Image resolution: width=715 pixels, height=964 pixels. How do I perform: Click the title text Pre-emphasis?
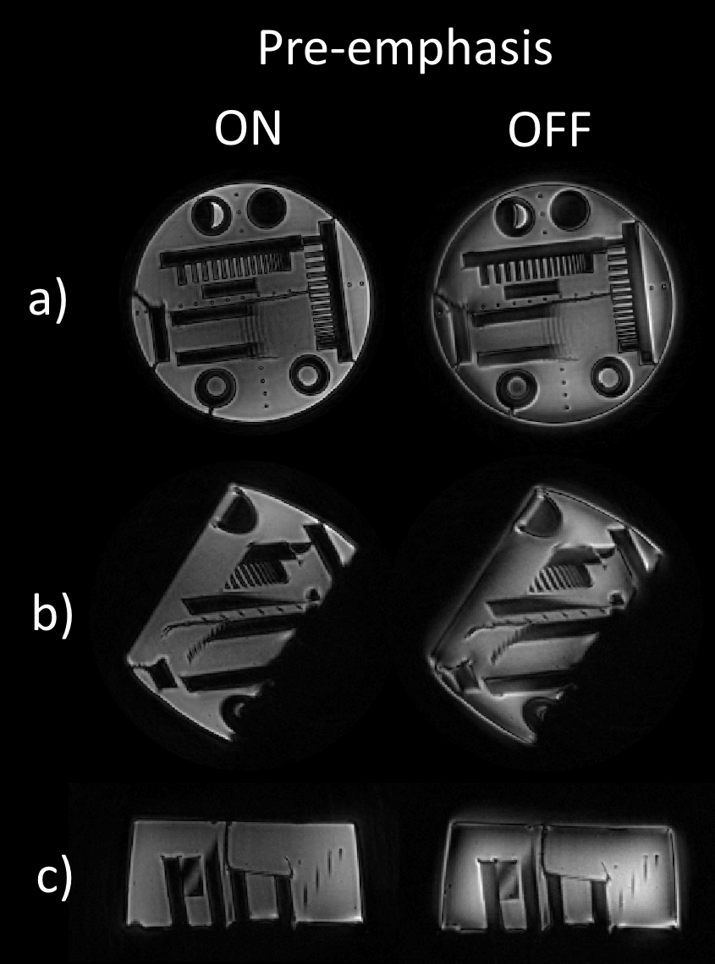coord(404,48)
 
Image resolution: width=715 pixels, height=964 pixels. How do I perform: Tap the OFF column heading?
coord(549,129)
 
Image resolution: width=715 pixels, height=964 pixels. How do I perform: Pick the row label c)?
coord(54,881)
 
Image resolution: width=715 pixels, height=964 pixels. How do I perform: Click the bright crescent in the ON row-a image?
coord(216,215)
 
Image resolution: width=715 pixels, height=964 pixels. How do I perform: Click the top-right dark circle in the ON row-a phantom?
coord(265,208)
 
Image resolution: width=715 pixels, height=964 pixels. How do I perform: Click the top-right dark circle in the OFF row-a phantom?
coord(569,208)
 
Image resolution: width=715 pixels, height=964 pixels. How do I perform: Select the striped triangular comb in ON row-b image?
coord(252,576)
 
